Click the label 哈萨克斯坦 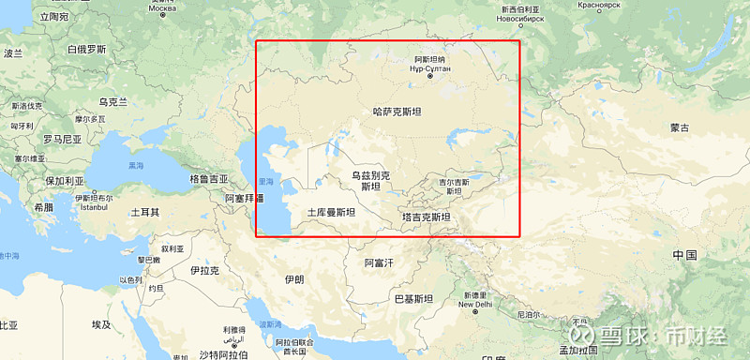tap(397, 112)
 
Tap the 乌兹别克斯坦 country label tap(370, 180)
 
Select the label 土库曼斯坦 tap(331, 213)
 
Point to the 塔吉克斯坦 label tap(426, 217)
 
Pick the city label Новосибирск tap(521, 19)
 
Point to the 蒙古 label tap(680, 127)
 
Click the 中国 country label tap(684, 255)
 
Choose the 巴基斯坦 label tap(413, 299)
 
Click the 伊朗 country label tap(293, 279)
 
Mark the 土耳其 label tap(144, 213)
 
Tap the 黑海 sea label tap(137, 165)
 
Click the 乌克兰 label tap(112, 101)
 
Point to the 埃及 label tap(101, 324)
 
